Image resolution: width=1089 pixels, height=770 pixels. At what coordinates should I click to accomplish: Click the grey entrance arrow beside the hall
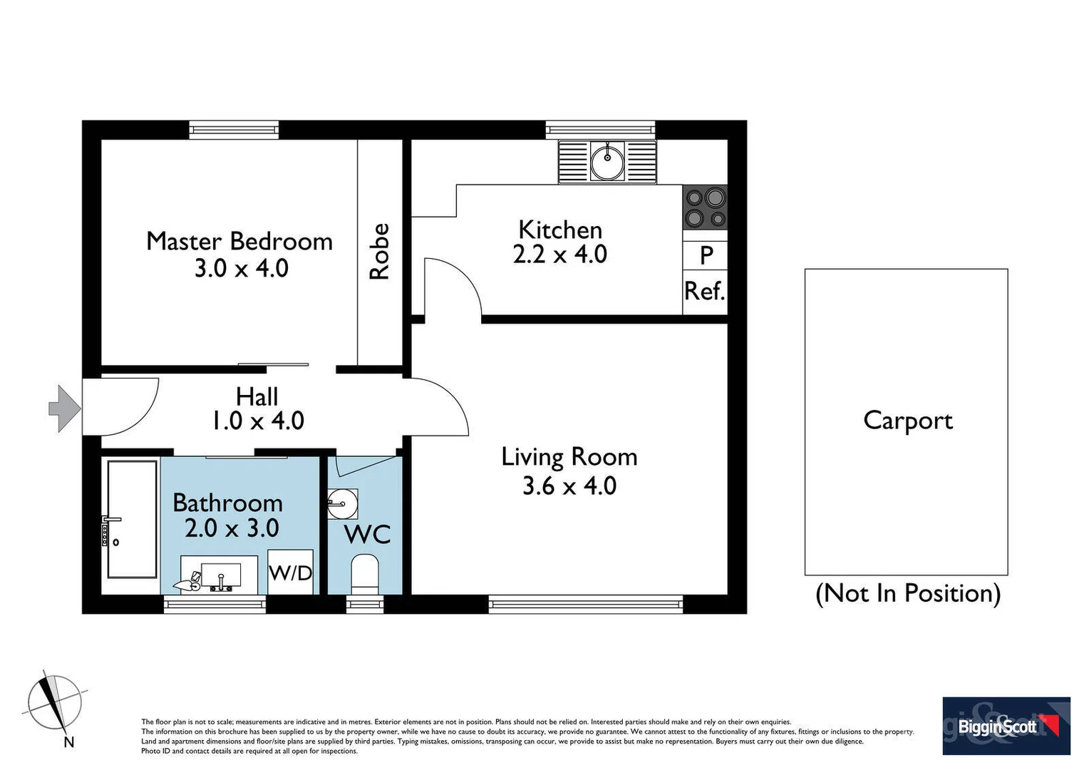(65, 409)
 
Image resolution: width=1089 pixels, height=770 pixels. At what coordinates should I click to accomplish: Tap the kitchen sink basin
(607, 162)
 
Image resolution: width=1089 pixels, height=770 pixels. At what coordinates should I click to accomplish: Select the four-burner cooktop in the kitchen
(705, 207)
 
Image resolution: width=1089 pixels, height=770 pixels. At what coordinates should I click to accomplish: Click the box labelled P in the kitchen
(706, 255)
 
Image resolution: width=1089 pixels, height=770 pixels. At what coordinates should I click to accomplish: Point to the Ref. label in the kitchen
(704, 291)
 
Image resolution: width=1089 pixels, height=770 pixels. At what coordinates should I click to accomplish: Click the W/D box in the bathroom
(291, 572)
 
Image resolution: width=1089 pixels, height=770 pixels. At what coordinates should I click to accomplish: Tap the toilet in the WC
(365, 573)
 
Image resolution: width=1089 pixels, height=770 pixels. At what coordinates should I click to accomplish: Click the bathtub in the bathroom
(132, 518)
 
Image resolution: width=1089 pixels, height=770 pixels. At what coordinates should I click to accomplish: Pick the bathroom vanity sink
(220, 575)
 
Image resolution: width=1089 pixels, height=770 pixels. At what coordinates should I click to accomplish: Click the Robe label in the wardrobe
(379, 252)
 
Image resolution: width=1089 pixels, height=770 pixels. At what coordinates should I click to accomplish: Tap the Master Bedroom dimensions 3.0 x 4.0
(241, 269)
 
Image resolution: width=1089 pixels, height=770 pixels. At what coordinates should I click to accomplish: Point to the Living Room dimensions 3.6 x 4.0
(569, 486)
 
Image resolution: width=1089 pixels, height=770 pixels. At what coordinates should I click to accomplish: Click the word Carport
(907, 421)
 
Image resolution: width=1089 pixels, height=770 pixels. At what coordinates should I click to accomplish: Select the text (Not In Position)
(907, 593)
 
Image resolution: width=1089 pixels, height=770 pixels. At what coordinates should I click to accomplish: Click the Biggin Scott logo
(1006, 726)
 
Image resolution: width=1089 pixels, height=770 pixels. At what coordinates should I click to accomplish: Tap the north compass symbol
(55, 705)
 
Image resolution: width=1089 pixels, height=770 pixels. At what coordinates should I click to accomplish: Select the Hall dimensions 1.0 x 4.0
(258, 421)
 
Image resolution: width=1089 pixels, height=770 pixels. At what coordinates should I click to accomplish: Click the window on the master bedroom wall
(234, 130)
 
